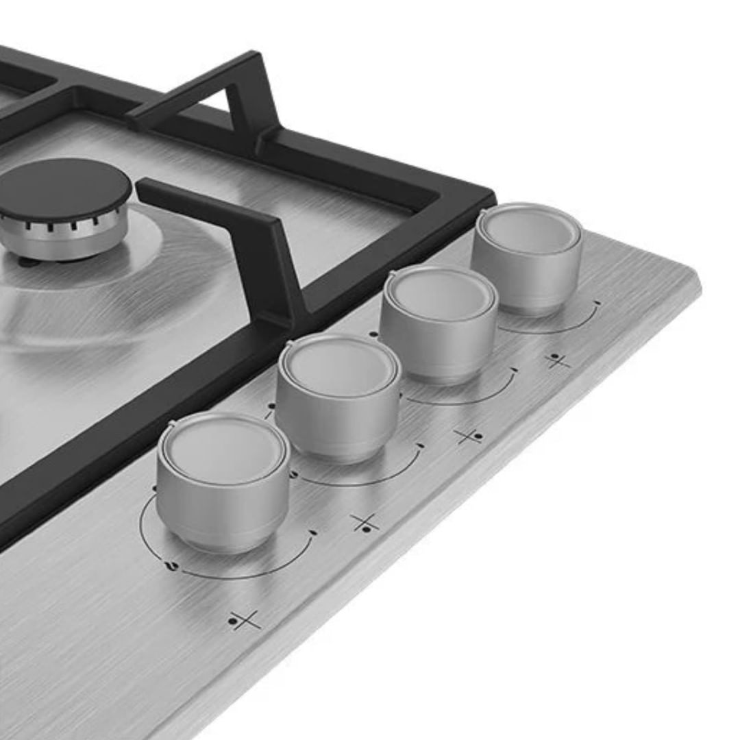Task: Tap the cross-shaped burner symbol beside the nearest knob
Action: point(245,621)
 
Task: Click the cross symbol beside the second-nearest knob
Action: point(365,523)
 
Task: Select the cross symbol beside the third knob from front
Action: point(469,436)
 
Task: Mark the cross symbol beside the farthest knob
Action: point(558,361)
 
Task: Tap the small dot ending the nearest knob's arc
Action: point(313,532)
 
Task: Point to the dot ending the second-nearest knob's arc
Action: point(419,445)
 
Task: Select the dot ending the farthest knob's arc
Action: point(597,302)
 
